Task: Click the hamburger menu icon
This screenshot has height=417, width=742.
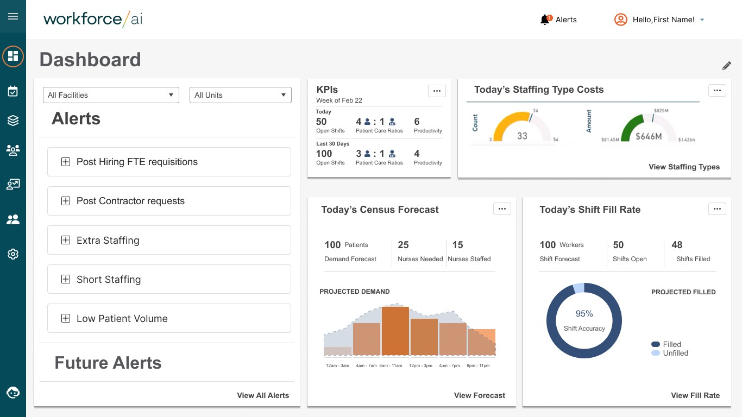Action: click(x=13, y=16)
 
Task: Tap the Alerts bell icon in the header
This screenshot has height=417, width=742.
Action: click(x=545, y=20)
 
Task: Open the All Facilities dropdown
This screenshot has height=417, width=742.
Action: click(x=111, y=95)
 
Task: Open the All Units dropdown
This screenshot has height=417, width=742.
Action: click(x=241, y=95)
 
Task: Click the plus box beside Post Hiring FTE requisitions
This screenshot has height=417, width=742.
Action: click(x=66, y=162)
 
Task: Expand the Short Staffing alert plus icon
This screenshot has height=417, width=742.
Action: click(x=66, y=279)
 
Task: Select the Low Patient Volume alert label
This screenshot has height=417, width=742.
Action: click(x=122, y=318)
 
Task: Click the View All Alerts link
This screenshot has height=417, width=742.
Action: click(x=263, y=395)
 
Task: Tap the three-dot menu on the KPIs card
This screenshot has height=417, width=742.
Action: click(x=437, y=91)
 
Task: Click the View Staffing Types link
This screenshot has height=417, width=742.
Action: click(x=684, y=167)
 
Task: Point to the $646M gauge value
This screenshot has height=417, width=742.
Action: click(x=649, y=136)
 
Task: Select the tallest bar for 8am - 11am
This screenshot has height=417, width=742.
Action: click(x=395, y=331)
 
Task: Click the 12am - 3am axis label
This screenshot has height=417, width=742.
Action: click(x=337, y=365)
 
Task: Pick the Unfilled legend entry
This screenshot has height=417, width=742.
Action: click(x=670, y=353)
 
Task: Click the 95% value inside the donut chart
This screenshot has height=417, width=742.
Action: click(x=584, y=313)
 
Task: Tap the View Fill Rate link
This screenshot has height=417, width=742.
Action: click(x=695, y=395)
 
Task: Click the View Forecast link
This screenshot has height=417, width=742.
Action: click(x=479, y=395)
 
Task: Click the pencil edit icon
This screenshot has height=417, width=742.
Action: click(x=726, y=66)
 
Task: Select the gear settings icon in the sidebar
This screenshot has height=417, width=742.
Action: click(x=13, y=254)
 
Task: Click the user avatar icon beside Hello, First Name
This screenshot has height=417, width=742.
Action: click(x=620, y=20)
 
